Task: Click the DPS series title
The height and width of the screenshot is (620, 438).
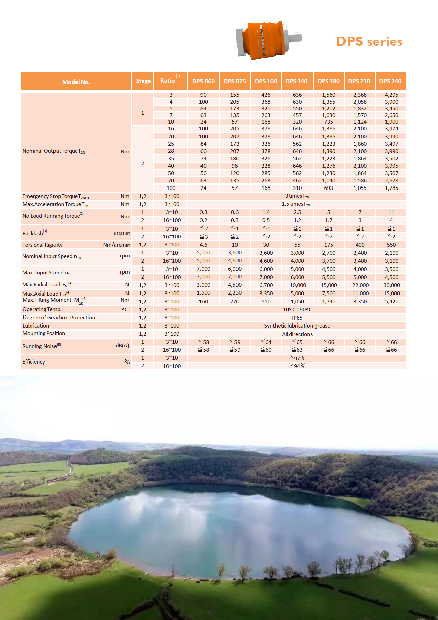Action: pos(369,42)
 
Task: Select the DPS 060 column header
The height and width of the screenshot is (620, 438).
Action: pos(203,81)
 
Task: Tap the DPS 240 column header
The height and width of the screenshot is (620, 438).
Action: pos(390,81)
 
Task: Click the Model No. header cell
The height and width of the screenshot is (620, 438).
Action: pos(76,82)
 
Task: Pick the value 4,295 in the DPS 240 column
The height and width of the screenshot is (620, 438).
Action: pos(391,95)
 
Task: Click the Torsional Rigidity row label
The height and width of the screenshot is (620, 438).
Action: pos(42,245)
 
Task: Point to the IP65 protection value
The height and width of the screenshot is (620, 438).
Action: pos(297,318)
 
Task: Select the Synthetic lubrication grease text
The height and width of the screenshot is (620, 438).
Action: pos(297,326)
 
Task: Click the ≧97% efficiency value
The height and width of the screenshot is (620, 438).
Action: pos(297,358)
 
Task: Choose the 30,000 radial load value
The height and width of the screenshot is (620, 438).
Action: pos(391,285)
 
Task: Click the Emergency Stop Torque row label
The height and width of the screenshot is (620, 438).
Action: pos(56,196)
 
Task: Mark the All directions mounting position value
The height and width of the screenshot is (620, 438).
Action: pos(297,334)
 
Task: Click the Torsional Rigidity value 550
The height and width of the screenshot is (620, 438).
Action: pos(391,245)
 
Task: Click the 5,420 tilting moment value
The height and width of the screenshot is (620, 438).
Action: pos(391,302)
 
